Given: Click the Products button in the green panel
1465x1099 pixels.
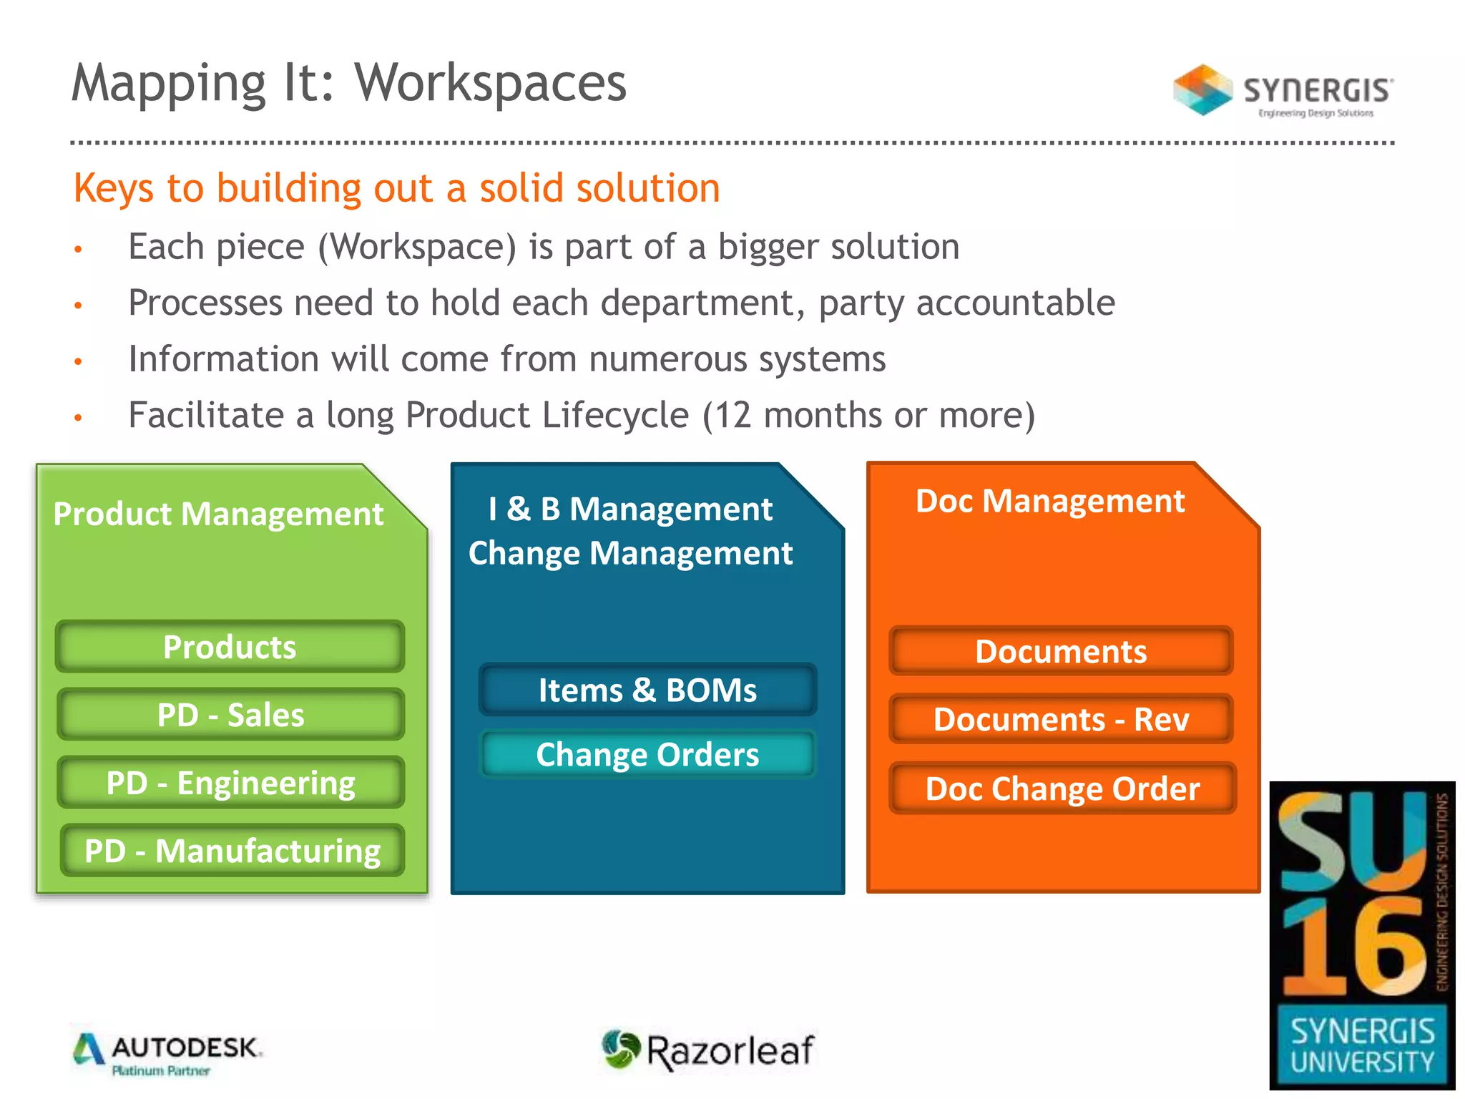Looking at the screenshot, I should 230,647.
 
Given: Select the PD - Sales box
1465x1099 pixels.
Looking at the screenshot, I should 230,715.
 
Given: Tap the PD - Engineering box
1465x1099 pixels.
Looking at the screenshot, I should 230,783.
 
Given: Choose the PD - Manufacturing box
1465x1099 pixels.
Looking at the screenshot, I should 232,851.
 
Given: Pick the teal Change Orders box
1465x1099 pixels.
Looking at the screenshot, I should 647,755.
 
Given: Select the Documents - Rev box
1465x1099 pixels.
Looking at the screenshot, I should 1061,719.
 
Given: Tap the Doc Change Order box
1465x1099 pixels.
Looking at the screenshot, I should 1062,788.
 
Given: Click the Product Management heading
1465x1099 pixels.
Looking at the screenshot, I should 218,514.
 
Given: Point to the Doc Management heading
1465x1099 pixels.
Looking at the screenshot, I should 1049,501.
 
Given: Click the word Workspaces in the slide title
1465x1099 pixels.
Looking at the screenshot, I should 491,83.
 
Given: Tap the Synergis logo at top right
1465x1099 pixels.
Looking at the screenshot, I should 1283,91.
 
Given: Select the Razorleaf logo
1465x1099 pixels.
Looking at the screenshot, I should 708,1050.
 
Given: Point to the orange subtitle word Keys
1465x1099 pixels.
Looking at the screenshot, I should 113,189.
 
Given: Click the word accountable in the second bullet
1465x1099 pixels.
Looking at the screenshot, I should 1015,303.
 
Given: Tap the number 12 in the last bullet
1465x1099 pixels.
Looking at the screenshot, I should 732,415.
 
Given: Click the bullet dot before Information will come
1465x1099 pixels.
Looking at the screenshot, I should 79,361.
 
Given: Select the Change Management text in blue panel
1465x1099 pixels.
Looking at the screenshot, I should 630,553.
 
